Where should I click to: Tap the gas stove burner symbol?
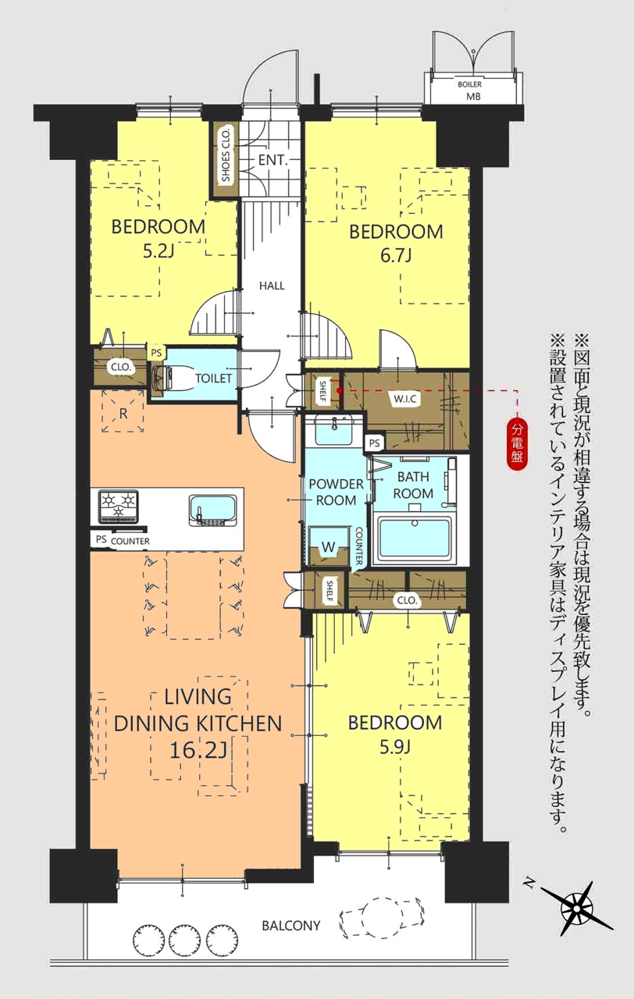118,507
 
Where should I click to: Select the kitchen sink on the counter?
212,510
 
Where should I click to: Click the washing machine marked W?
329,546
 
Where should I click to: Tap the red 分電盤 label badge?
518,445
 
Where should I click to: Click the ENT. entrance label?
273,161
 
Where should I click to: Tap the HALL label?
272,286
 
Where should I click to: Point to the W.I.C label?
405,399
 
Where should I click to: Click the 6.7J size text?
395,257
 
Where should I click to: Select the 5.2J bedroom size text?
158,252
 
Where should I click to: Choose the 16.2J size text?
198,751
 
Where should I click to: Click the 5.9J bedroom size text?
395,747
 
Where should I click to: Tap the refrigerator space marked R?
123,411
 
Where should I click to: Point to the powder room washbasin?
334,430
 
